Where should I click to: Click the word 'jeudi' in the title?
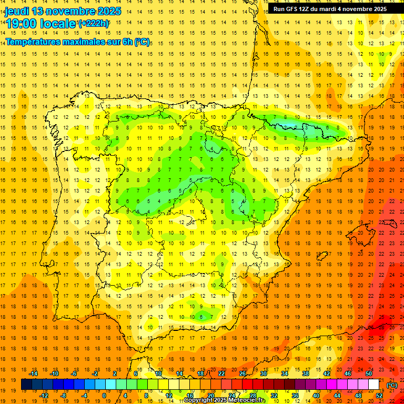click(x=17, y=11)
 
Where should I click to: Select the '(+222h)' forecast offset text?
click(x=94, y=23)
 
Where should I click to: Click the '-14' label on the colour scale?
click(x=33, y=373)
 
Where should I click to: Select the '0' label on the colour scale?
click(x=104, y=396)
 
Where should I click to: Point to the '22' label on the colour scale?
click(x=221, y=373)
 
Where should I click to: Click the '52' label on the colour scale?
click(x=379, y=396)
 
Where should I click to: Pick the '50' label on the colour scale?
click(x=368, y=373)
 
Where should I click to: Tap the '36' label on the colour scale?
click(x=295, y=396)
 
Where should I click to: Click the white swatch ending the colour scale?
click(x=373, y=385)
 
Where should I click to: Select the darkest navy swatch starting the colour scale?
click(x=26, y=385)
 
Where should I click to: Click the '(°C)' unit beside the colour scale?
click(x=392, y=385)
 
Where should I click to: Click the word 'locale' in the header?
click(x=57, y=24)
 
